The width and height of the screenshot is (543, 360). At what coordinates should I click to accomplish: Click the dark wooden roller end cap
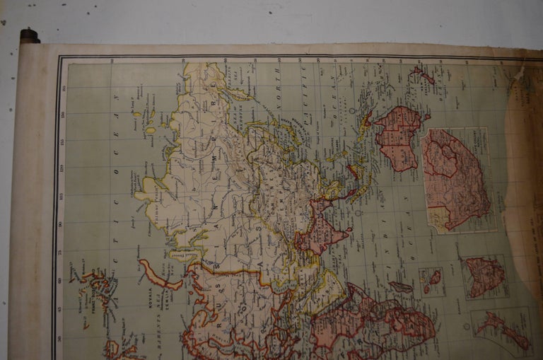[29, 36]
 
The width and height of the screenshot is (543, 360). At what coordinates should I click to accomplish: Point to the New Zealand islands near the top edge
[423, 74]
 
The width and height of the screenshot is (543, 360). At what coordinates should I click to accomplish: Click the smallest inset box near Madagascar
[431, 281]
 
